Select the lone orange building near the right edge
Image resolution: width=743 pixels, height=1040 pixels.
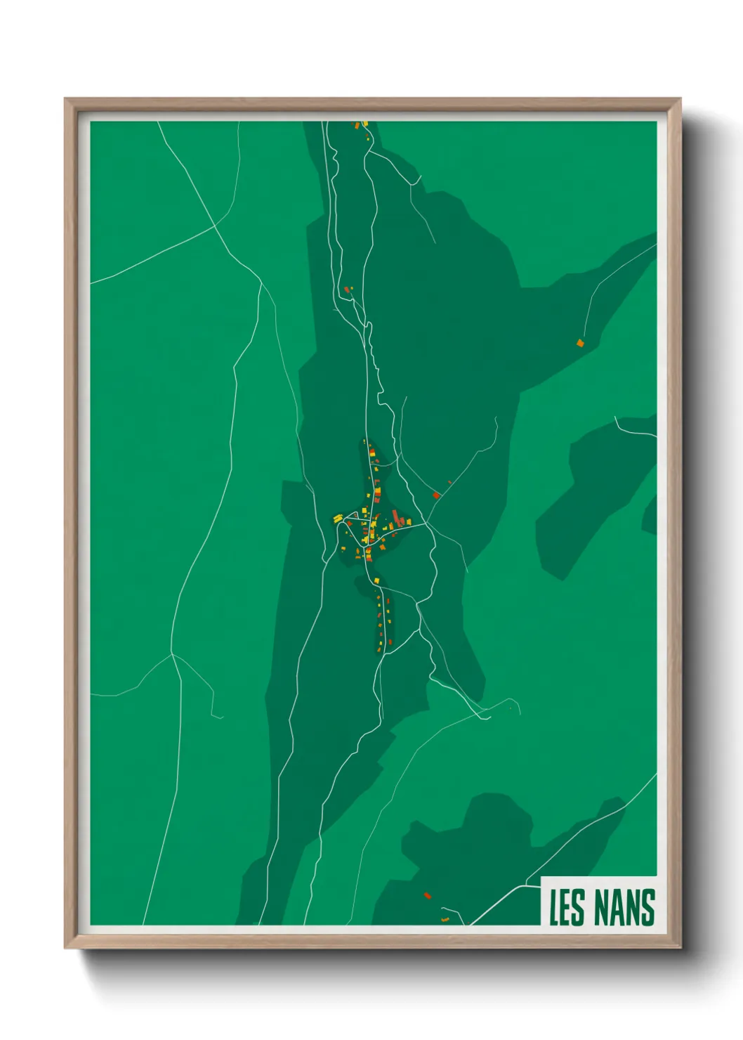coord(580,343)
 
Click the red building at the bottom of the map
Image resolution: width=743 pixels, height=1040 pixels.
coord(426,895)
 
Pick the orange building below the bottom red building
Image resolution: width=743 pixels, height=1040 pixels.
coord(444,918)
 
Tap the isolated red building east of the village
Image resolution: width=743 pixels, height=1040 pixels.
coord(436,495)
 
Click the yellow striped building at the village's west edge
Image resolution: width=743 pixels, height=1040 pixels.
coord(338,518)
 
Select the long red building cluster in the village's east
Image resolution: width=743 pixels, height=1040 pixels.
coord(399,520)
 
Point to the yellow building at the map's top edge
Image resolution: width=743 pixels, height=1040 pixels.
coord(365,124)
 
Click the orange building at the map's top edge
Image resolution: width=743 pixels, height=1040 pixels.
coord(356,126)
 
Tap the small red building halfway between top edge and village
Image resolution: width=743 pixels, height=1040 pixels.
coord(346,289)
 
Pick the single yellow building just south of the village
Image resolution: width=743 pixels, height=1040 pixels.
coord(376,580)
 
